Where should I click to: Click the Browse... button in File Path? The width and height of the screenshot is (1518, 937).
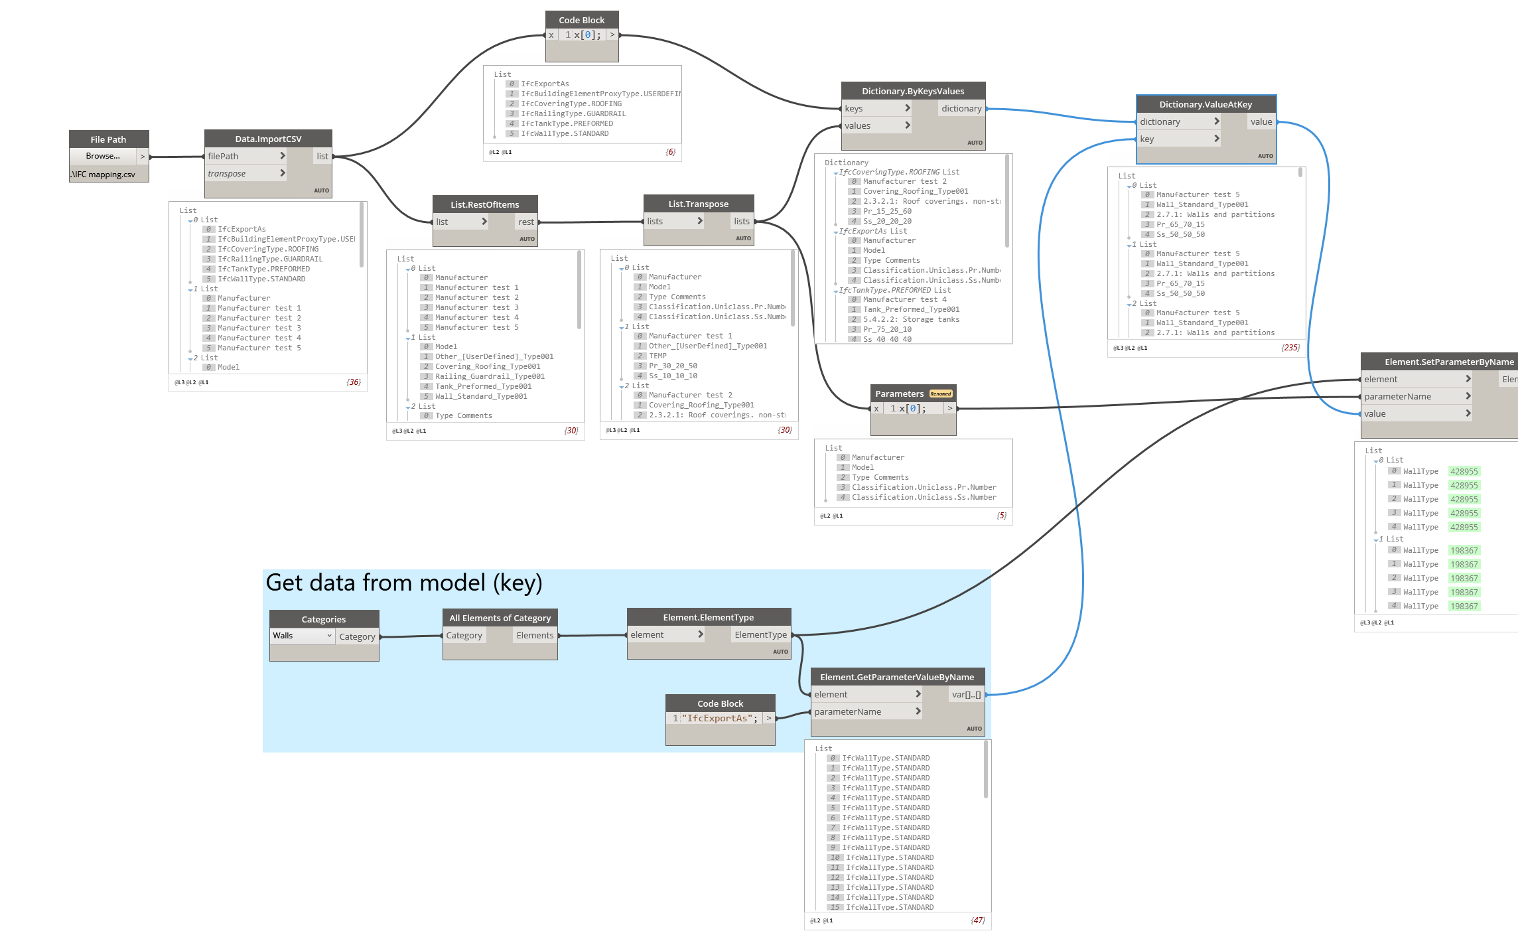[x=103, y=156]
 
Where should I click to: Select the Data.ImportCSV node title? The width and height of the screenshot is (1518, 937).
[x=268, y=139]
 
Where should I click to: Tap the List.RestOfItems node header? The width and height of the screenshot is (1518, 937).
[x=484, y=204]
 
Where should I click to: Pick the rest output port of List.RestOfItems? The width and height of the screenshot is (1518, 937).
[x=526, y=222]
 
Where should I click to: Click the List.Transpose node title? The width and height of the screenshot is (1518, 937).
[x=698, y=204]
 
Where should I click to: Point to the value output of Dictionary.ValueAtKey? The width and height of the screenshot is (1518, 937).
[x=1261, y=121]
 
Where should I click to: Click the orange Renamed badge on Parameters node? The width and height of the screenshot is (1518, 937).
[x=941, y=394]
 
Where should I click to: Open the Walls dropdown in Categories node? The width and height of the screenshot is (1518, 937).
[x=302, y=636]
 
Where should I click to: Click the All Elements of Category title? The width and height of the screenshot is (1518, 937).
[x=500, y=618]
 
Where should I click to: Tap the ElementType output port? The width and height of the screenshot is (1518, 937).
[x=760, y=634]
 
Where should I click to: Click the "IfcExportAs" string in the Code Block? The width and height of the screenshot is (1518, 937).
[x=719, y=718]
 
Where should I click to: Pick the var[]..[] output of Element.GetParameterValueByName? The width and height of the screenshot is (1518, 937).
[x=966, y=694]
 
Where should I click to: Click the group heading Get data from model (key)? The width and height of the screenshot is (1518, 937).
[x=404, y=583]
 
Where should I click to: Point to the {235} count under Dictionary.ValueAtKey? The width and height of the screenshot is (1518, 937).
[x=1290, y=347]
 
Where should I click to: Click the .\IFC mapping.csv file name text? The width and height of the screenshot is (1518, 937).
[x=103, y=175]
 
